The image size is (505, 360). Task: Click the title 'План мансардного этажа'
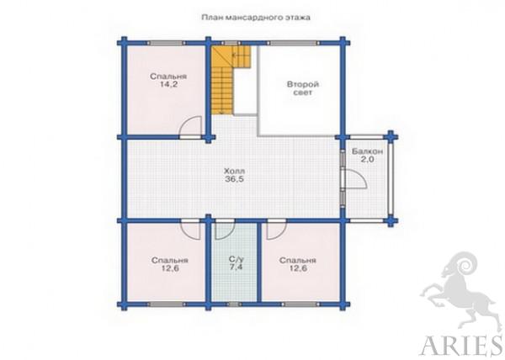coord(256,18)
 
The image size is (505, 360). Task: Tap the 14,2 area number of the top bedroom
coord(168,85)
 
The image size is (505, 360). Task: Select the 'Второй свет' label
coord(303,88)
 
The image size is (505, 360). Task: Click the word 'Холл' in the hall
coord(235,171)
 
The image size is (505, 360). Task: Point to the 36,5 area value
coord(235,179)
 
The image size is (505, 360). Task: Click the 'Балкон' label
coord(367,151)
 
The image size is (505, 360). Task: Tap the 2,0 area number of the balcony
coord(367,159)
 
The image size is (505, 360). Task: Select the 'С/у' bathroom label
coord(236,259)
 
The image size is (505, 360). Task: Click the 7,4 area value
coord(236,267)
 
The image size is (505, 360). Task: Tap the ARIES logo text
coord(462,346)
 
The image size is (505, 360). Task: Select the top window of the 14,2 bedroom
coord(167,43)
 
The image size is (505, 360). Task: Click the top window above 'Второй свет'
coord(293,43)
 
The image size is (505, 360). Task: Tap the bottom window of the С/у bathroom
coord(234,304)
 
